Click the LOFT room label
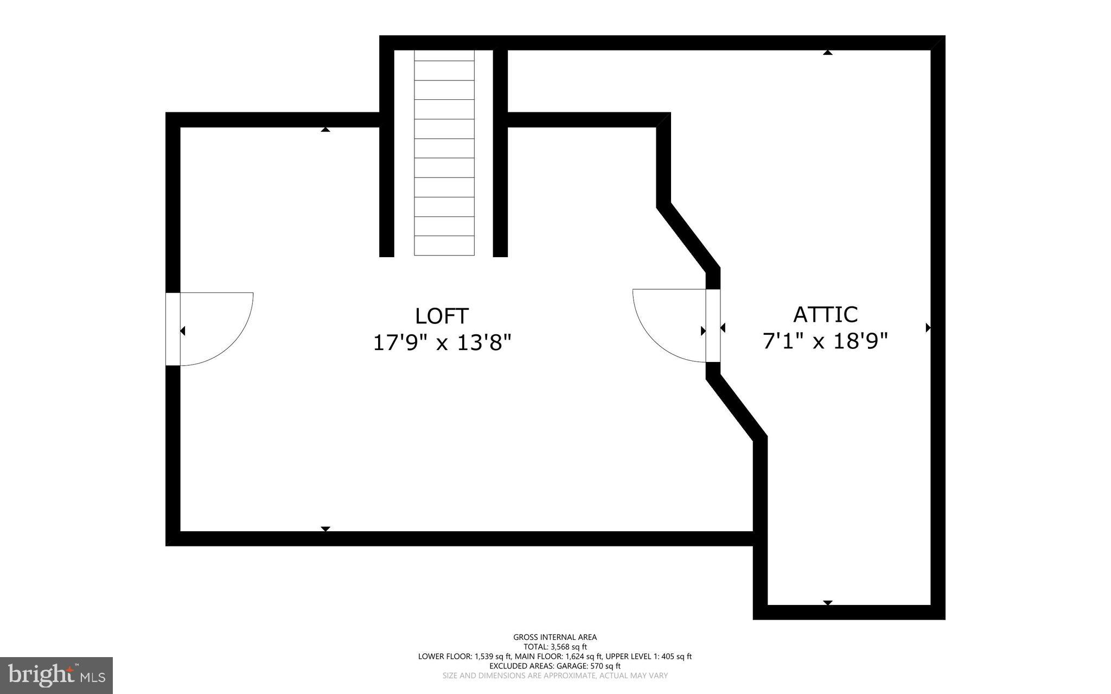[x=442, y=316]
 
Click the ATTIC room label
[x=825, y=315]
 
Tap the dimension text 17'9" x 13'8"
[x=442, y=343]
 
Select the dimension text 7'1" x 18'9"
[x=825, y=341]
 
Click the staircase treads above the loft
[x=444, y=152]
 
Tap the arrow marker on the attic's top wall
[x=827, y=52]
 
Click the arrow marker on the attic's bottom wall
[x=827, y=603]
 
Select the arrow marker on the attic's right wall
[x=928, y=328]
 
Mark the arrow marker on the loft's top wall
[x=325, y=129]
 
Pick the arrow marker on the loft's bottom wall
[x=325, y=529]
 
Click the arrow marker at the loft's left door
[x=183, y=330]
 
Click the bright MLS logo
[x=56, y=675]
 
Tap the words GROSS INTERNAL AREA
[x=555, y=637]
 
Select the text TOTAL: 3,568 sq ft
[x=555, y=647]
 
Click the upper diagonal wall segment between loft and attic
[x=688, y=237]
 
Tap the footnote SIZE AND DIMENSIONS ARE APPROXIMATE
[x=555, y=676]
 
